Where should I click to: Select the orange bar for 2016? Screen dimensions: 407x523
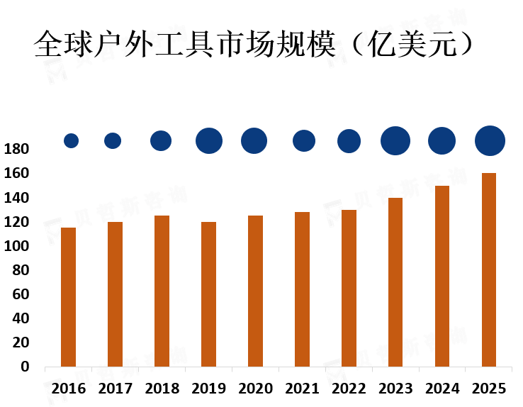pos(68,296)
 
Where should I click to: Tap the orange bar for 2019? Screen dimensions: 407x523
pos(208,294)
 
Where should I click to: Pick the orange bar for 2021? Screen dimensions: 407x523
pos(303,289)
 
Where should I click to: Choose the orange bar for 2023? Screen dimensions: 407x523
pos(395,282)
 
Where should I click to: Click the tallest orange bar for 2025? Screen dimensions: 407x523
pos(489,269)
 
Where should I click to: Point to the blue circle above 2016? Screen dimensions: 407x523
pos(71,140)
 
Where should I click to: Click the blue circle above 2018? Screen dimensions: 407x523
pos(161,140)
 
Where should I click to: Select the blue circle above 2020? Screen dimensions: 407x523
pos(254,140)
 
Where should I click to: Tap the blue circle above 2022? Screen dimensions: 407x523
pos(349,141)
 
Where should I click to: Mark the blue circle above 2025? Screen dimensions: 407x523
pos(490,140)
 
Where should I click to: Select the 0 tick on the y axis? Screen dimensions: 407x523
pos(25,367)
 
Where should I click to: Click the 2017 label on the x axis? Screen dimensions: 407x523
pos(115,389)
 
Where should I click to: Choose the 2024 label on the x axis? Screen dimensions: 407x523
pos(442,389)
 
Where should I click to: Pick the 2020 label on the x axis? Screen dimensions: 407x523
pos(255,389)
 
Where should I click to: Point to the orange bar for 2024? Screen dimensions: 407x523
pos(442,276)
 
